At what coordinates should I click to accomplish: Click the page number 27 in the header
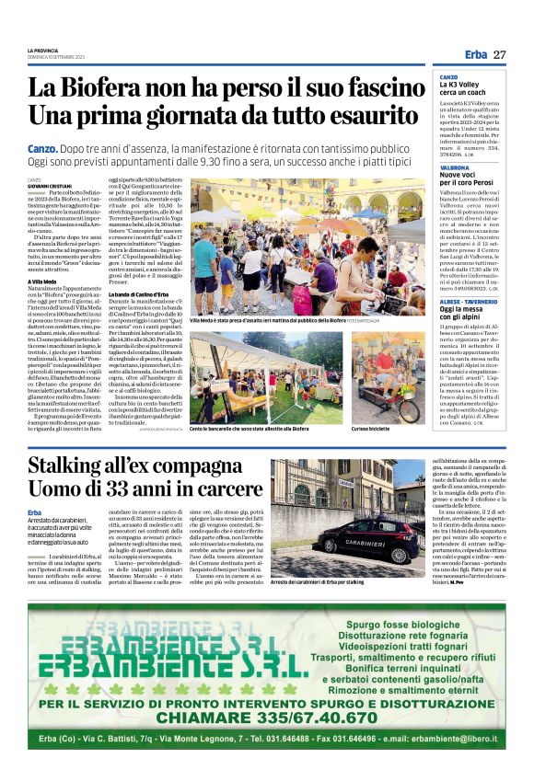pos(499,55)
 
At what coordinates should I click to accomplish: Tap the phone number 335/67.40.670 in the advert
pos(311,718)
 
